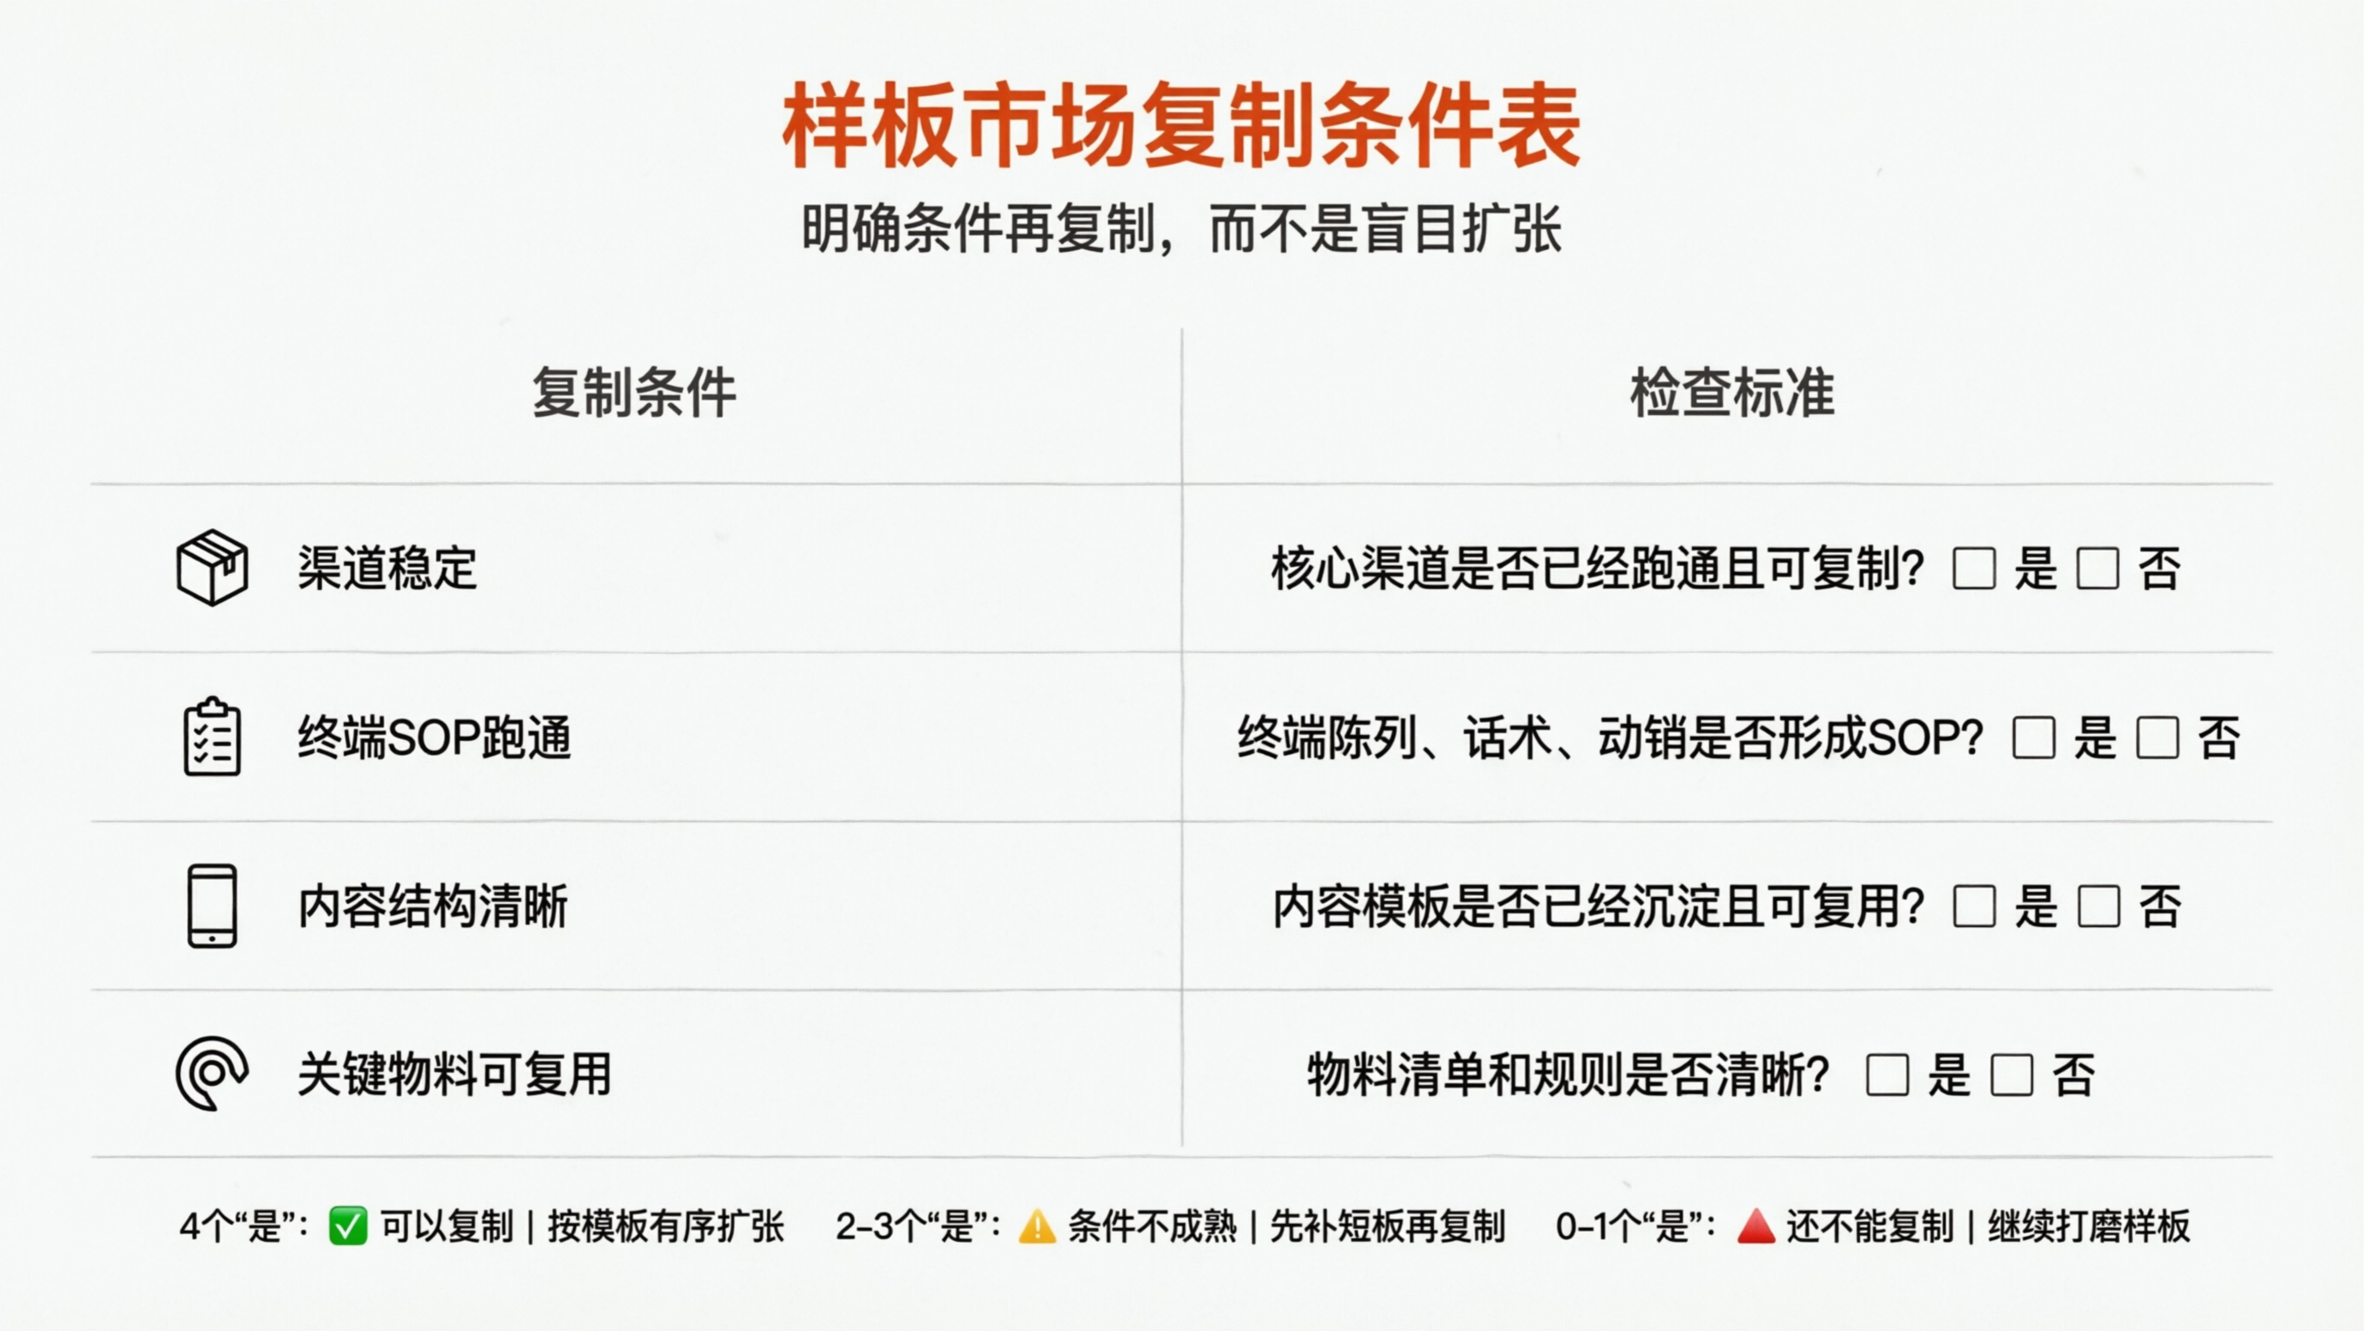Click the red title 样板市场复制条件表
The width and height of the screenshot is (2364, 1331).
(1181, 125)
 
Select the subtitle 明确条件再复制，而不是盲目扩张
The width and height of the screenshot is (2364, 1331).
(1181, 229)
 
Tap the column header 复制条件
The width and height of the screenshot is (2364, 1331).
(634, 393)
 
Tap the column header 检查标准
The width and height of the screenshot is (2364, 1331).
(1731, 393)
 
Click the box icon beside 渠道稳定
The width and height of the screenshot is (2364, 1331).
(212, 567)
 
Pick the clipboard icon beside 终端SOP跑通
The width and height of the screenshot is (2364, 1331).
(212, 737)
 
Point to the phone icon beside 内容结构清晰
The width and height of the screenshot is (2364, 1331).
(212, 906)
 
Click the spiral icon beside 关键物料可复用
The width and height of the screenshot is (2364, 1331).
(212, 1073)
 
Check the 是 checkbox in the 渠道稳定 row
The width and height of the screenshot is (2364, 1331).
(1974, 569)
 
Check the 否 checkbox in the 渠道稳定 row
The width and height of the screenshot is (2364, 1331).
(2098, 569)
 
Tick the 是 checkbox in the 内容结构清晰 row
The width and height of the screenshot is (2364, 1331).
(1974, 907)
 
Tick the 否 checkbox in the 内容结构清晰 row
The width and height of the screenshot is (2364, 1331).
(2098, 907)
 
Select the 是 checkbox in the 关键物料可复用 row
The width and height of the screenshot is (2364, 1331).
(1887, 1075)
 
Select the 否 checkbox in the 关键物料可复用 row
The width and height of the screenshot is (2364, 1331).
(2012, 1075)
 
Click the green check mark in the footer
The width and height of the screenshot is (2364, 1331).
(348, 1226)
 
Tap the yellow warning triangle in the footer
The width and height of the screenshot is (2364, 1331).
(1037, 1227)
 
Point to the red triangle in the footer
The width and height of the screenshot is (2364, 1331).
(1755, 1227)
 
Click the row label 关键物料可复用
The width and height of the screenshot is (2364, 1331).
(454, 1074)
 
